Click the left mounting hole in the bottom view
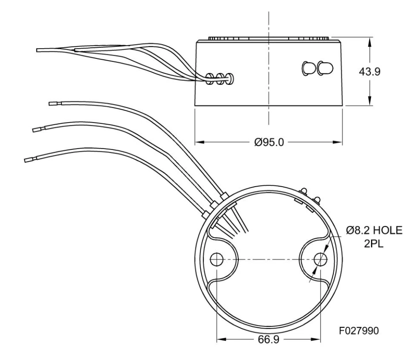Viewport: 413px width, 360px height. tap(217, 259)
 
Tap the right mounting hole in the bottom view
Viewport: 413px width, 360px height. tap(320, 259)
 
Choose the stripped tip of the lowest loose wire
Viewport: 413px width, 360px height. tap(28, 159)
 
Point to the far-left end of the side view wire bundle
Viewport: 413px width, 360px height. tap(38, 50)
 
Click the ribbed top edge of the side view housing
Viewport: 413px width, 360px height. tap(268, 38)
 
